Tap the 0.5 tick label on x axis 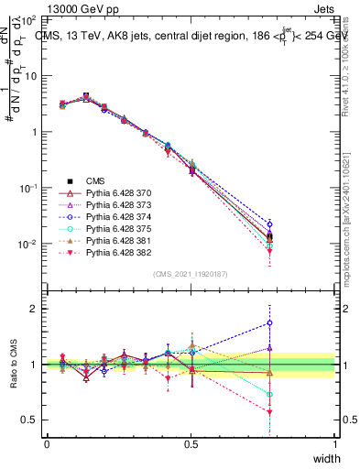click(x=191, y=444)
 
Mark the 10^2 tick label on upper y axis click(x=27, y=19)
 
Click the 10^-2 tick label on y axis click(x=27, y=245)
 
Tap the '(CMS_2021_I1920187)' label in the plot click(x=190, y=274)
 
